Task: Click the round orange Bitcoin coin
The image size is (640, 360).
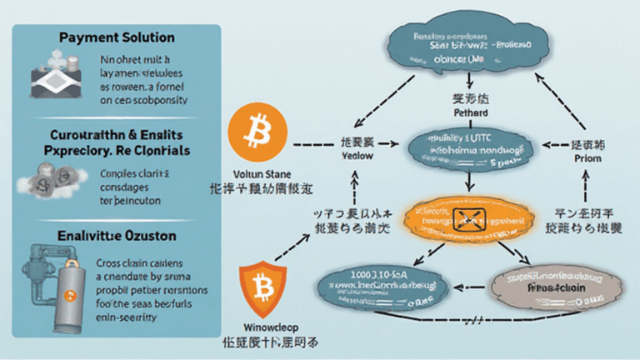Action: [x=257, y=132]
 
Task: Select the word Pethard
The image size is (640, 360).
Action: [x=470, y=111]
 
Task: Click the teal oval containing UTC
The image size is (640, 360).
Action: [x=469, y=147]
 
